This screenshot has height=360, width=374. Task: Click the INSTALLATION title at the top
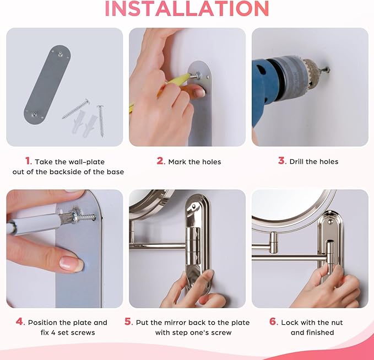point(187,9)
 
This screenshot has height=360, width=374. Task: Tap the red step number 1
point(29,161)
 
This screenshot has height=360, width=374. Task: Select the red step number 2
point(161,161)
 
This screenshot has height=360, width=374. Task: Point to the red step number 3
point(282,160)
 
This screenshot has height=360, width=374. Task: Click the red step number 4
point(20,321)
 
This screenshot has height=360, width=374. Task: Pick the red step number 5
point(129,321)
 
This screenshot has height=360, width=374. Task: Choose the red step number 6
point(274,321)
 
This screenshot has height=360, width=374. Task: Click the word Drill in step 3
point(296,162)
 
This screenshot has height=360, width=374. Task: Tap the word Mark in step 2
point(177,162)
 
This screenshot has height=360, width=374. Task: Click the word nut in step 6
point(337,323)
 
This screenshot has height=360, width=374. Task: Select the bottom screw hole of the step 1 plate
point(34,114)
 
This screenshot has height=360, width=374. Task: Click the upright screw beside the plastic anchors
point(101,121)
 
